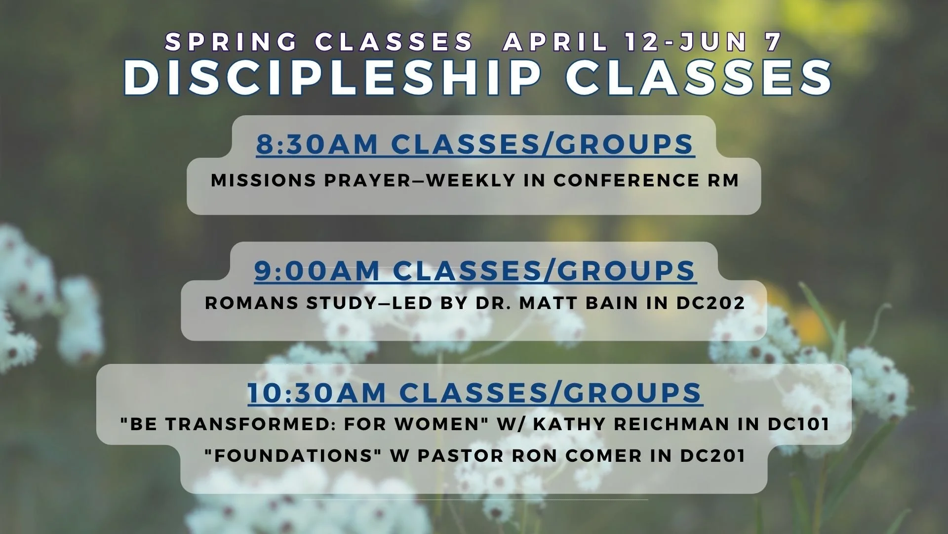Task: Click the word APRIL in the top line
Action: pos(555,42)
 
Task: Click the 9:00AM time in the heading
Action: pos(316,270)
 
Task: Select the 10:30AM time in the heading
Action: pos(316,393)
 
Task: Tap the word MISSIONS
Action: pos(264,180)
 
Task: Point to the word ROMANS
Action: pos(251,303)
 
